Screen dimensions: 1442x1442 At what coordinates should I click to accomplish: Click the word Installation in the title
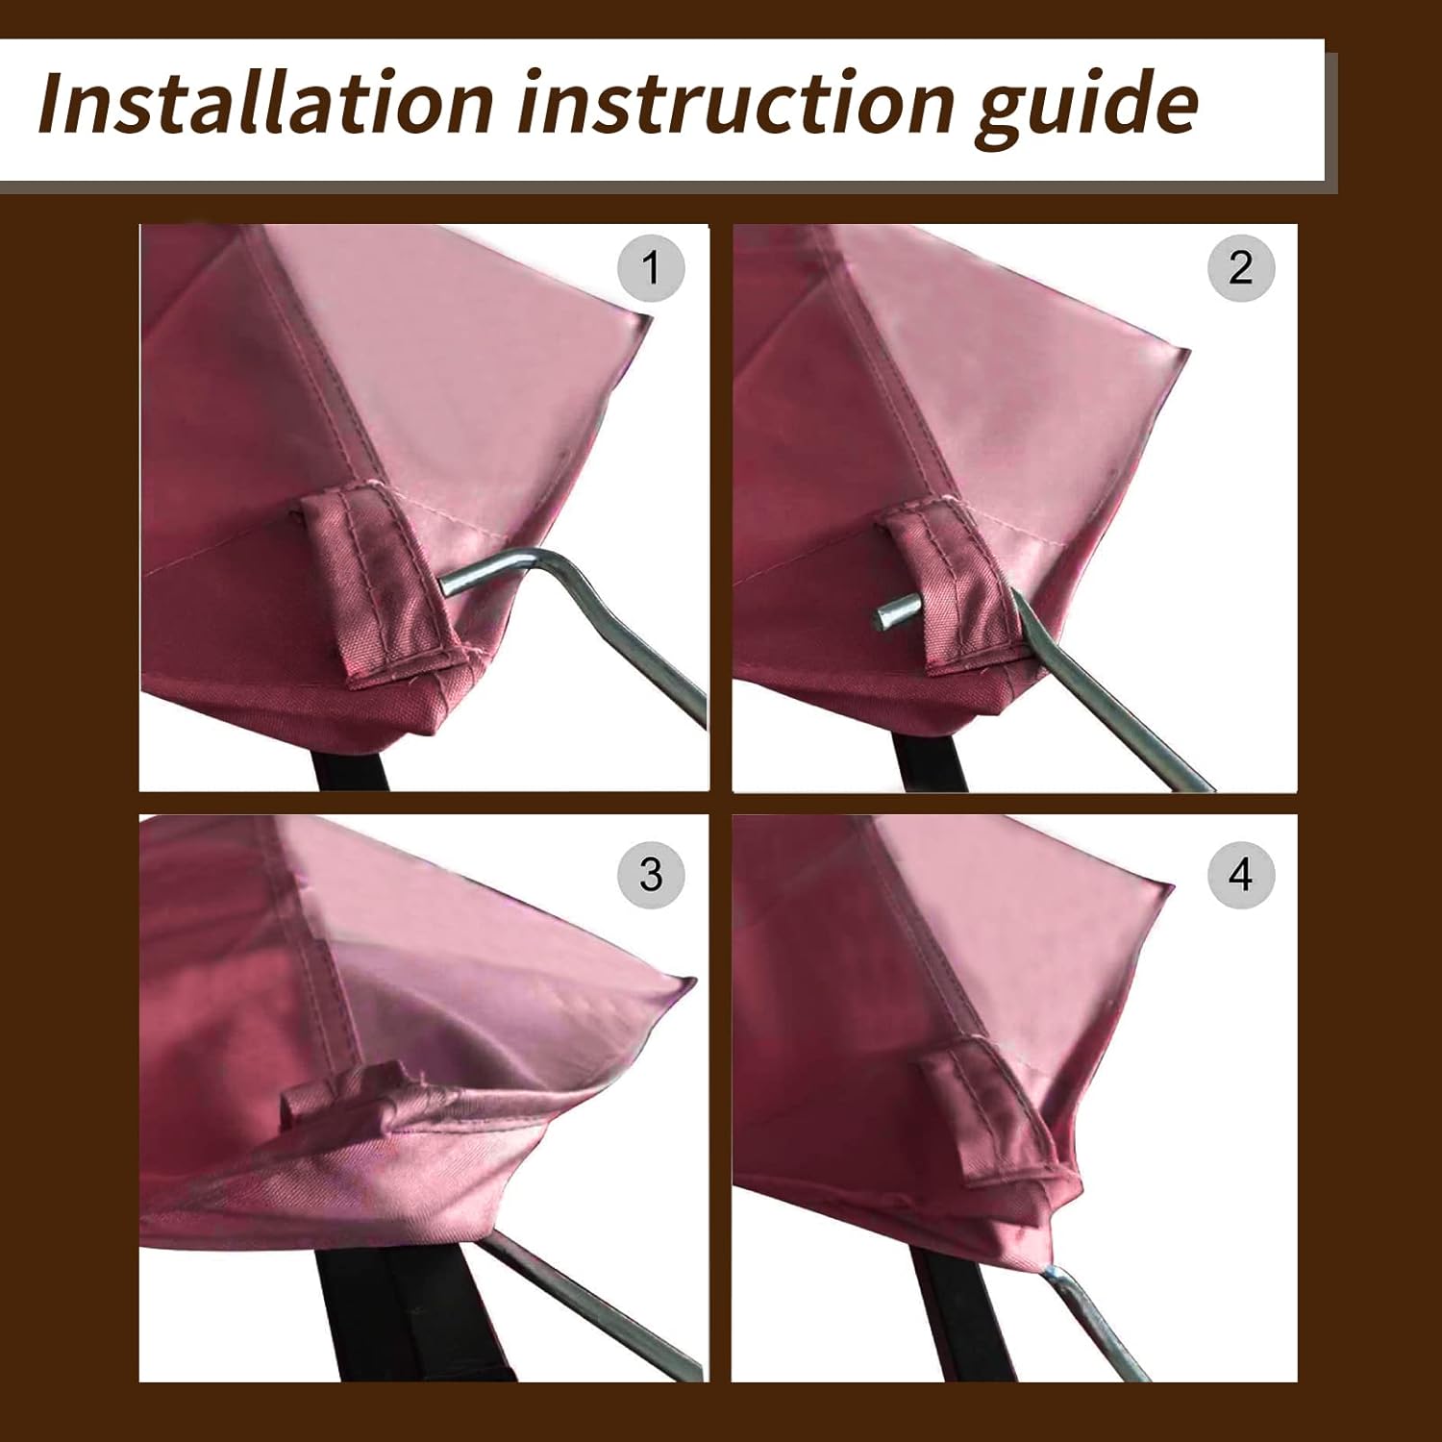pos(264,103)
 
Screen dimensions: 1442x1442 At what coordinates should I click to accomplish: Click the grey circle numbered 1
pos(651,268)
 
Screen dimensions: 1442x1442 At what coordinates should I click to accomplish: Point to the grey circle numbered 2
pos(1241,268)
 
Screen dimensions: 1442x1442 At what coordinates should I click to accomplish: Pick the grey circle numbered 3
pos(651,875)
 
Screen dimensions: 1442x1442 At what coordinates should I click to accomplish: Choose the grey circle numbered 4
pos(1241,875)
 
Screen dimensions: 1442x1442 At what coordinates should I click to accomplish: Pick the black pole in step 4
pos(947,1327)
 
